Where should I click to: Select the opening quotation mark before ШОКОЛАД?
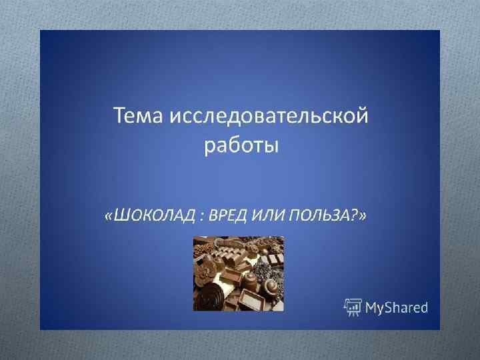pyautogui.click(x=109, y=215)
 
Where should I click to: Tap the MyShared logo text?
pyautogui.click(x=396, y=307)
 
